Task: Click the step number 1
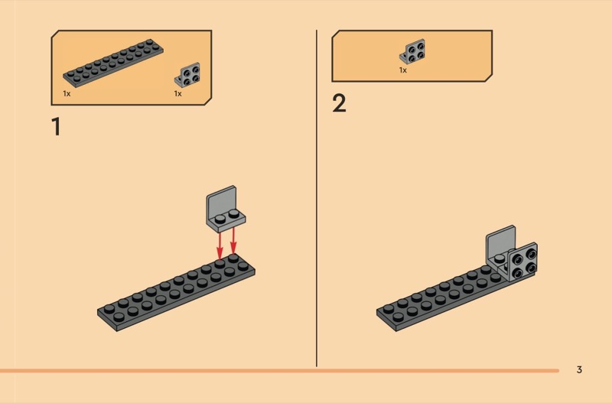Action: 55,127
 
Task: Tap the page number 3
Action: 579,370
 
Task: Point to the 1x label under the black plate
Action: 67,93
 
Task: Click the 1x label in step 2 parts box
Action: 402,70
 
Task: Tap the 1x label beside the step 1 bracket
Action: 177,93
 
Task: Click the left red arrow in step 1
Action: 220,245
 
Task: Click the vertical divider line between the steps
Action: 317,199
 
